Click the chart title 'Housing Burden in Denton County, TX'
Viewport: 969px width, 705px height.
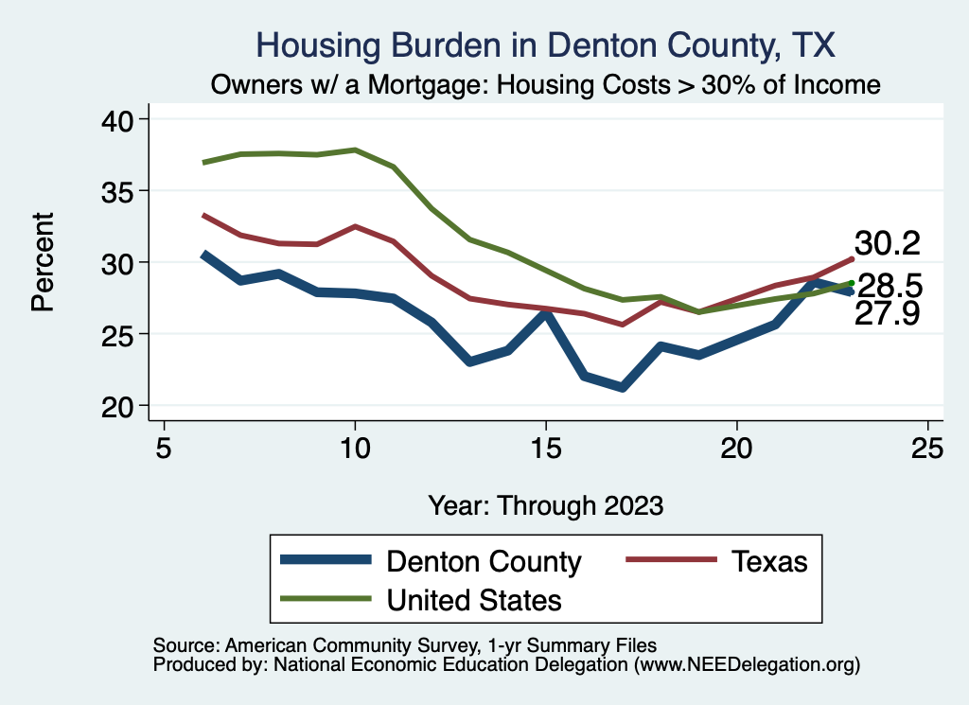pos(546,44)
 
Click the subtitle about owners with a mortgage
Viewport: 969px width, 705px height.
pos(546,85)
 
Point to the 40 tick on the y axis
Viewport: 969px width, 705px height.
pos(124,119)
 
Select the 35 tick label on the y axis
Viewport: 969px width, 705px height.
pos(124,191)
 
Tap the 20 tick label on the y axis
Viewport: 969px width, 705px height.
pos(124,406)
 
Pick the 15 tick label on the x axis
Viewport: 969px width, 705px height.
pos(545,447)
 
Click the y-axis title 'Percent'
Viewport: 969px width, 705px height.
pos(42,262)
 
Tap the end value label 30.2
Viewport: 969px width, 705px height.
pos(887,243)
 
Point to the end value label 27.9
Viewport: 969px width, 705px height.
pos(887,314)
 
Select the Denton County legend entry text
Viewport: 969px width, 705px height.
pos(484,561)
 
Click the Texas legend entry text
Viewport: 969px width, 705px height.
pos(768,561)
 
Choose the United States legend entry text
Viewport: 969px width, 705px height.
pos(473,599)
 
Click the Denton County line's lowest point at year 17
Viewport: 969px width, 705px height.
pos(622,387)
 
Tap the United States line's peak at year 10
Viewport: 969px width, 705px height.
pos(355,150)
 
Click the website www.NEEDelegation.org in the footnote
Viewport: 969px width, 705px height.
pos(747,664)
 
